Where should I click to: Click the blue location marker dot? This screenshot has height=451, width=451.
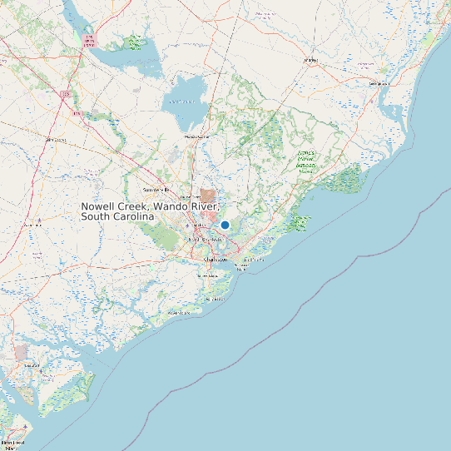[x=225, y=225]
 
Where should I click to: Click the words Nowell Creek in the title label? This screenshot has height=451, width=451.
[x=115, y=206]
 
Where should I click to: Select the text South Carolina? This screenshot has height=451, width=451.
[x=118, y=216]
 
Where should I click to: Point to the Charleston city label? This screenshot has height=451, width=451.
[x=215, y=260]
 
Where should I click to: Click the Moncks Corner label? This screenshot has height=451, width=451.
[x=197, y=136]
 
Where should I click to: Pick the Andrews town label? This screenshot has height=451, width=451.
[x=311, y=60]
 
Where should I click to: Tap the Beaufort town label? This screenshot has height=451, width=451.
[x=32, y=364]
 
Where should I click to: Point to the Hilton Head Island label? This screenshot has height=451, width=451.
[x=12, y=444]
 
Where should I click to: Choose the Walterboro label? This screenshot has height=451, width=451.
[x=33, y=224]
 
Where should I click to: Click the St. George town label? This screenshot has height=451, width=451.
[x=58, y=140]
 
